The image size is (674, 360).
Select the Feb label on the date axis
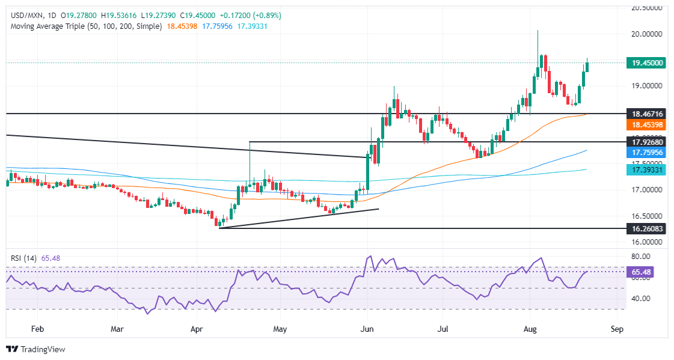[x=37, y=329]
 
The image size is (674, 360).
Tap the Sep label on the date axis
[x=617, y=329]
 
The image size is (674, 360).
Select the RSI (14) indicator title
[x=24, y=258]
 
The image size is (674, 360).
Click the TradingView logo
[x=35, y=349]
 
